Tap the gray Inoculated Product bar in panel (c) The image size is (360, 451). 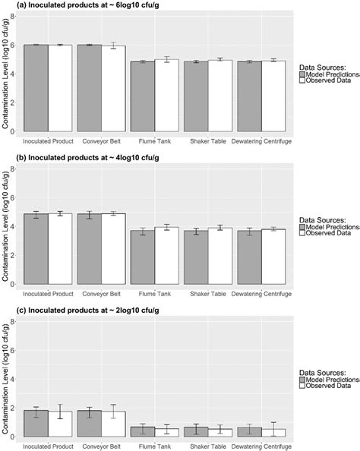coord(36,423)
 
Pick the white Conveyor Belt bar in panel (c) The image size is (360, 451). coord(113,424)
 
